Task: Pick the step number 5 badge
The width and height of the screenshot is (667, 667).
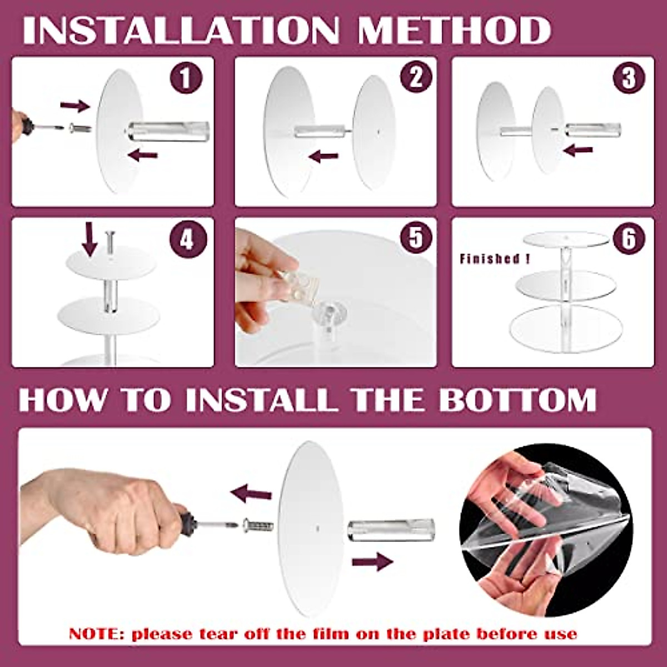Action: pyautogui.click(x=416, y=239)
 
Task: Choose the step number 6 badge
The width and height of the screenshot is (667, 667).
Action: pyautogui.click(x=629, y=239)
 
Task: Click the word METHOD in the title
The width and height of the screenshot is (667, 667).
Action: pyautogui.click(x=454, y=32)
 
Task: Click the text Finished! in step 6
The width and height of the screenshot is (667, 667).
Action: pyautogui.click(x=495, y=259)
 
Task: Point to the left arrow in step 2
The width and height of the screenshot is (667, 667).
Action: pyautogui.click(x=323, y=157)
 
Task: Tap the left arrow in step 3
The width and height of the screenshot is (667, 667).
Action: pyautogui.click(x=578, y=151)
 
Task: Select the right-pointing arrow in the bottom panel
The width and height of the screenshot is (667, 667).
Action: pyautogui.click(x=372, y=561)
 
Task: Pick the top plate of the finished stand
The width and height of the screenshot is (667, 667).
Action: pyautogui.click(x=566, y=239)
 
